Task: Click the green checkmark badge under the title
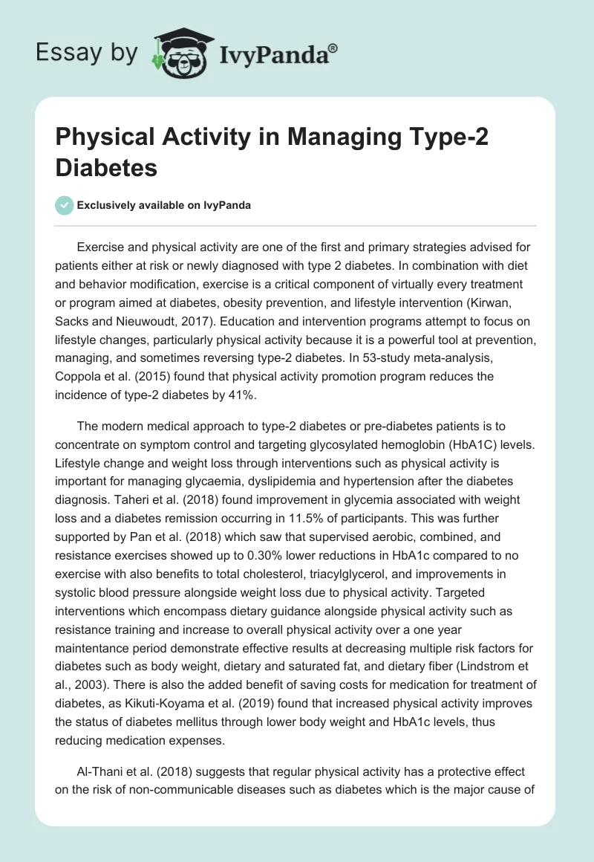(x=65, y=205)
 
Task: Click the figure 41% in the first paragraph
(x=239, y=395)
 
